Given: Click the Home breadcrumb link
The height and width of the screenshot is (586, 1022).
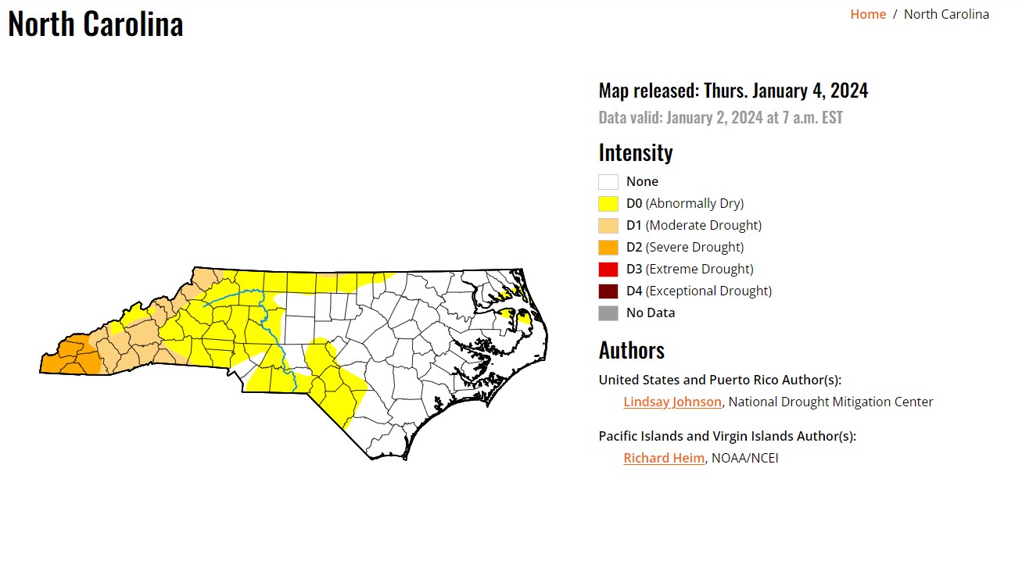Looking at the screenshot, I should pyautogui.click(x=868, y=14).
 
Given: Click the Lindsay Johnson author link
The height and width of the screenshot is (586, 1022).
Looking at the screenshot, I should pyautogui.click(x=672, y=402).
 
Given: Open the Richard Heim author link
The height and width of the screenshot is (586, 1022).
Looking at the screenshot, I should pyautogui.click(x=664, y=458).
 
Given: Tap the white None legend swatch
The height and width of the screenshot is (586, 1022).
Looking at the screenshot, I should pyautogui.click(x=608, y=182).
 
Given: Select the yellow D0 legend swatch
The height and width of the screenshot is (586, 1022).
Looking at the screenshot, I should pyautogui.click(x=608, y=204).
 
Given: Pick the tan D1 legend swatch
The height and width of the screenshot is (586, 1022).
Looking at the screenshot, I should pyautogui.click(x=608, y=226).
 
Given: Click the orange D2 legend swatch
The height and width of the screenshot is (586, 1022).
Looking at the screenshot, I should pyautogui.click(x=608, y=248).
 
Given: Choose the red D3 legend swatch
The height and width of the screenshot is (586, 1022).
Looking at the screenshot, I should pyautogui.click(x=608, y=270).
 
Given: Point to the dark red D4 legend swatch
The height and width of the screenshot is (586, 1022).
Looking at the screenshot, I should pyautogui.click(x=608, y=291).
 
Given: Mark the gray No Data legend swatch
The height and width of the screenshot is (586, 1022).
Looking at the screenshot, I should pyautogui.click(x=608, y=313).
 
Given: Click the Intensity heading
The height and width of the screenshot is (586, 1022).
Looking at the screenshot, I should pyautogui.click(x=636, y=152).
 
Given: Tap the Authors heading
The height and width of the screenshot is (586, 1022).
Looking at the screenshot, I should pyautogui.click(x=632, y=350).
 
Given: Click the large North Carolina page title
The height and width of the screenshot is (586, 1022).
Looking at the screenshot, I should pyautogui.click(x=95, y=23).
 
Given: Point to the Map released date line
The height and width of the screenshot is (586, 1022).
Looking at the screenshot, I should pyautogui.click(x=733, y=91).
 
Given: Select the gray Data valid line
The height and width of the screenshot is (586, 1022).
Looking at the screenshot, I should pyautogui.click(x=721, y=118).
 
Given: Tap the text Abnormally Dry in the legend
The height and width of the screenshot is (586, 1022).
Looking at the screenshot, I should pyautogui.click(x=694, y=204).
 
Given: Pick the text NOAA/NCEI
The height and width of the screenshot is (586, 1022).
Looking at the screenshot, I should pyautogui.click(x=744, y=458).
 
